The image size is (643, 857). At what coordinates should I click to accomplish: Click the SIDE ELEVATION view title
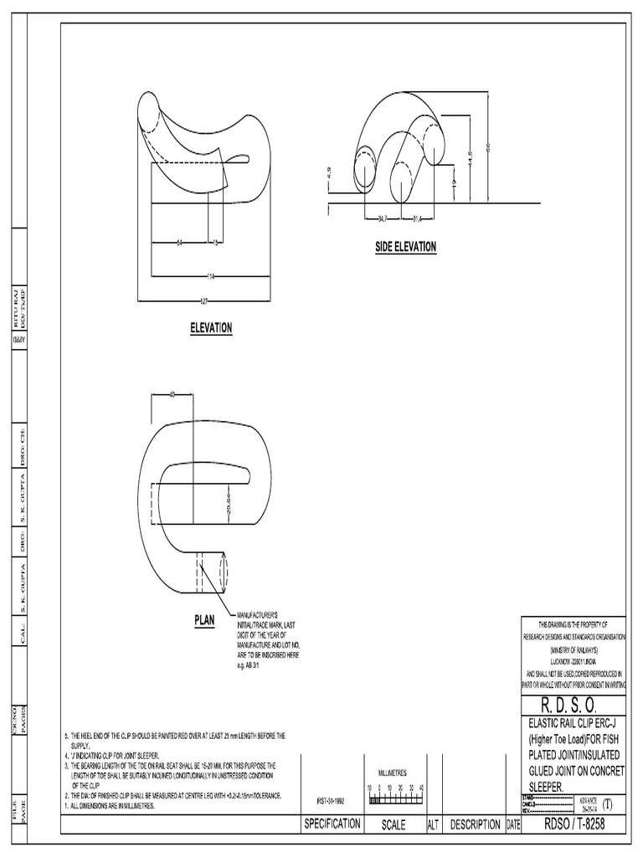[x=406, y=247]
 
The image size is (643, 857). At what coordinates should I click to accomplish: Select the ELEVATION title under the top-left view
[x=211, y=328]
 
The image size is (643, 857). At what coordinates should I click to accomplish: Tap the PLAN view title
[x=205, y=620]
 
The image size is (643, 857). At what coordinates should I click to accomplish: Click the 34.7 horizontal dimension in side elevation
[x=382, y=219]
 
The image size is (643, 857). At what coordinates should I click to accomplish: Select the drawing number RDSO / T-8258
[x=574, y=824]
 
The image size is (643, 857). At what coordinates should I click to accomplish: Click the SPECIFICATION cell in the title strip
[x=332, y=824]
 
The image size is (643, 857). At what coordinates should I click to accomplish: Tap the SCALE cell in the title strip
[x=393, y=824]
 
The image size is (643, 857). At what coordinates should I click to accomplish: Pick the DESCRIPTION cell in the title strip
[x=475, y=824]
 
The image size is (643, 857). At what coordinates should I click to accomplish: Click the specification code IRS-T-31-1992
[x=330, y=800]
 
